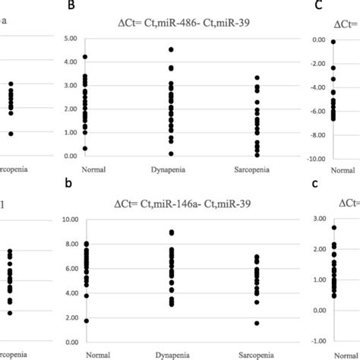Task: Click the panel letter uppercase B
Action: tap(72, 6)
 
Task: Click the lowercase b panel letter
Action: tap(72, 185)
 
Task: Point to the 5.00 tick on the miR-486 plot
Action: tap(73, 38)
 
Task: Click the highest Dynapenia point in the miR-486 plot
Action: tap(171, 49)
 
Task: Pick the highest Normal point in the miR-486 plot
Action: tap(85, 56)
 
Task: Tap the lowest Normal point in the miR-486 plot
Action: tap(85, 148)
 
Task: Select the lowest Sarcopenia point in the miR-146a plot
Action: tap(257, 323)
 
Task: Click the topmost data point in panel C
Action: tap(333, 42)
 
